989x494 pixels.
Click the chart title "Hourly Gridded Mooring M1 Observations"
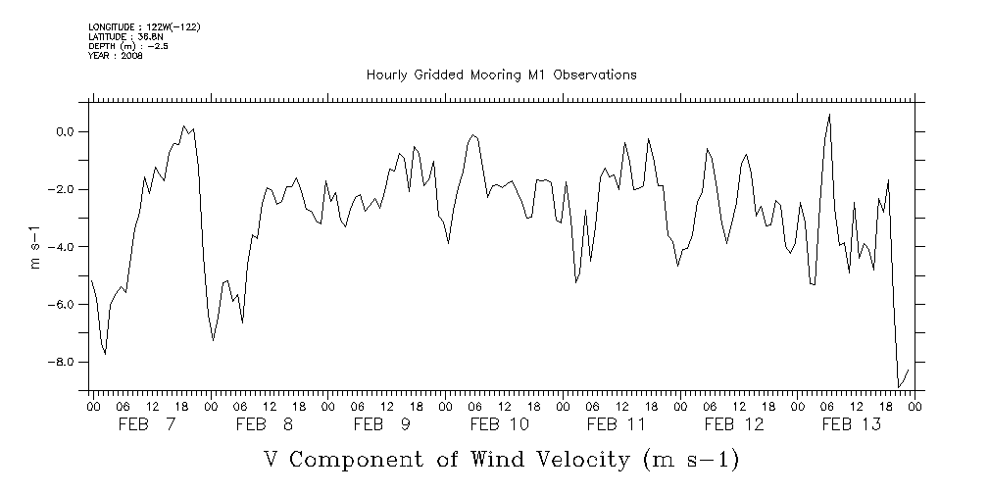pyautogui.click(x=501, y=74)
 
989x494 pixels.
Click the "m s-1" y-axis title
pyautogui.click(x=36, y=246)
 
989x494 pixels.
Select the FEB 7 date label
pyautogui.click(x=147, y=424)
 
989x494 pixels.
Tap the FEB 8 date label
pyautogui.click(x=265, y=424)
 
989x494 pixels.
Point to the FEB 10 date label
pyautogui.click(x=500, y=424)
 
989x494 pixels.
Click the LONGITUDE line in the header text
pyautogui.click(x=144, y=25)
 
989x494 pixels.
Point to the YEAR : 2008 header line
pyautogui.click(x=116, y=55)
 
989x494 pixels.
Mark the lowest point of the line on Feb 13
pyautogui.click(x=899, y=387)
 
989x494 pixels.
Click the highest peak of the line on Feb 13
pyautogui.click(x=829, y=115)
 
